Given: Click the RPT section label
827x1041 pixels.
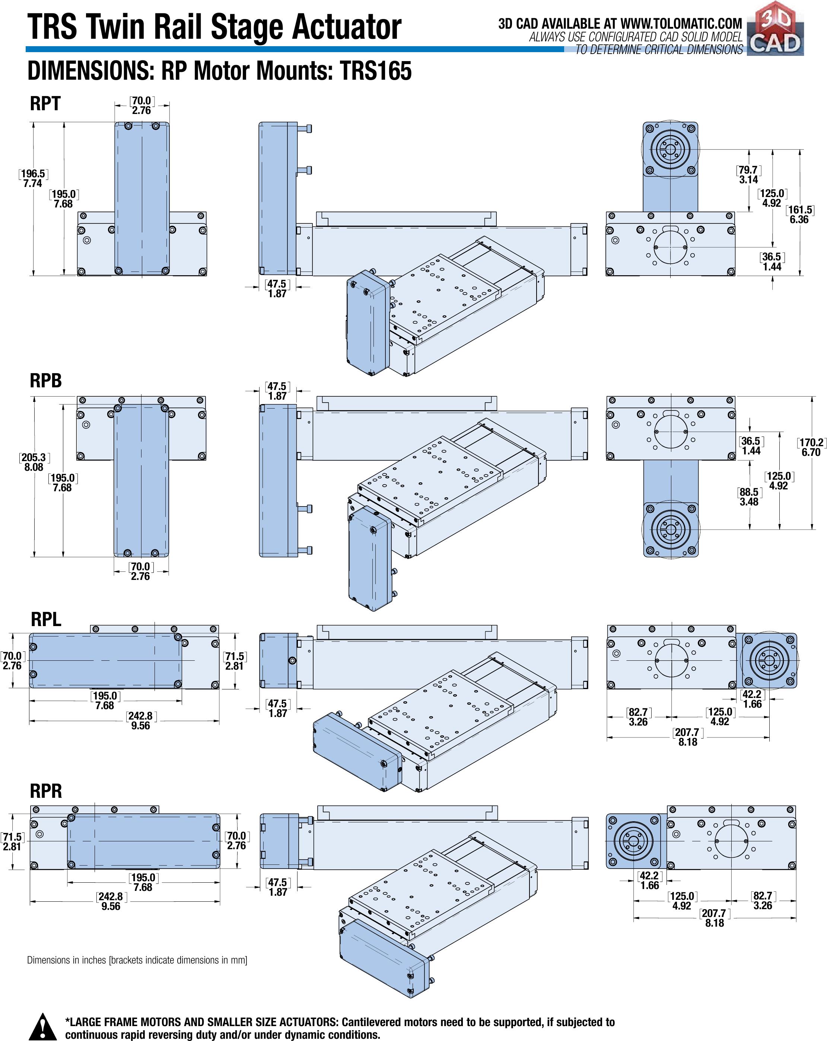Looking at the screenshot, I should pos(45,103).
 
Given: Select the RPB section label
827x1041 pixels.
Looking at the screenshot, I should pos(46,381).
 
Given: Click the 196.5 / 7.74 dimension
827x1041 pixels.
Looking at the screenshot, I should pos(33,178).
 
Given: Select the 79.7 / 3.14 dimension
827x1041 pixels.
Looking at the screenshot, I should pos(748,175).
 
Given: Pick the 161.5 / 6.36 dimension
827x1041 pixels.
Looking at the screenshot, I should pos(799,215).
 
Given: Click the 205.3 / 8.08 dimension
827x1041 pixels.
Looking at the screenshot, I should pos(34,462).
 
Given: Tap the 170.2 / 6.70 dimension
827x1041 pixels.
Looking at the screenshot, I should pos(811,447).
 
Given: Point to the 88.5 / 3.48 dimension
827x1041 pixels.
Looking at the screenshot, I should pos(749,497).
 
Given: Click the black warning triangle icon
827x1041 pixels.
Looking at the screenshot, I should pos(42,1026).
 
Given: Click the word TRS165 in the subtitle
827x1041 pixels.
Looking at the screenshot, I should pos(376,71).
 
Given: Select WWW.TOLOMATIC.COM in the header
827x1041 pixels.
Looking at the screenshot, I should pos(681,23).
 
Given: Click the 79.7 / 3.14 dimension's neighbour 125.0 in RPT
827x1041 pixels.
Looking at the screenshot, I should pos(772,198).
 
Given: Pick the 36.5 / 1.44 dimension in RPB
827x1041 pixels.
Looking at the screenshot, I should pos(751,446).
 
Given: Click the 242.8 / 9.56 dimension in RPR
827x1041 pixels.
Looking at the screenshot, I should pos(111,901).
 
